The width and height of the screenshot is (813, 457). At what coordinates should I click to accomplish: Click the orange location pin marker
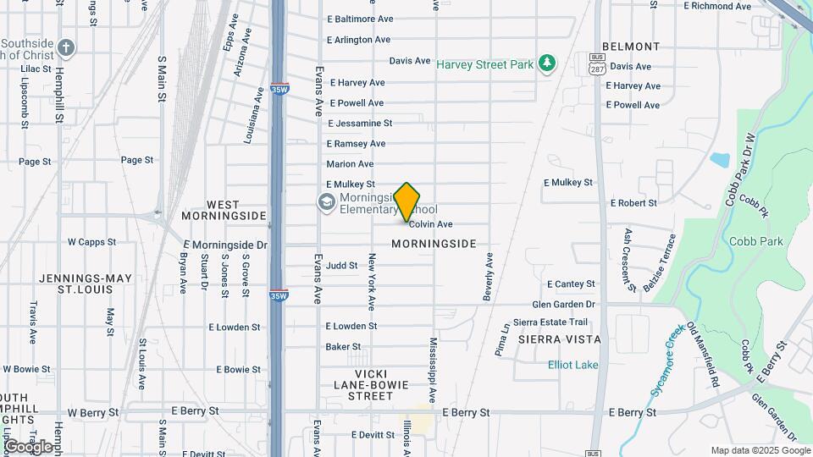point(407,201)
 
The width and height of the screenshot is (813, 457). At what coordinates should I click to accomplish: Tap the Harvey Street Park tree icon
point(548,63)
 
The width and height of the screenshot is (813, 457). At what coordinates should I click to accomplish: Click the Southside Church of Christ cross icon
point(67,47)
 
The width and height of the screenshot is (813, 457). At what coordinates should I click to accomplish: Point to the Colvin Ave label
point(430,224)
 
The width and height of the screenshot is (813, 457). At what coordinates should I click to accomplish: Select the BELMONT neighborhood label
point(630,47)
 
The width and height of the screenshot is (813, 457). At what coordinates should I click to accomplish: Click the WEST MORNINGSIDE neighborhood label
point(224,211)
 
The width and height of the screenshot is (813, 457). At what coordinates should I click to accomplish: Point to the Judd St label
point(342,265)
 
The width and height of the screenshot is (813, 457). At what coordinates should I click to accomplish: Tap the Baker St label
point(343,346)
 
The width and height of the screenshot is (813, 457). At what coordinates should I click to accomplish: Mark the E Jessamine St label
point(360,123)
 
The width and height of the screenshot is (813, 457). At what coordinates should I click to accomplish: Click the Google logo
point(27,446)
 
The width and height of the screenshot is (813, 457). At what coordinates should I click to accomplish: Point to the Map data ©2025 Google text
point(760,450)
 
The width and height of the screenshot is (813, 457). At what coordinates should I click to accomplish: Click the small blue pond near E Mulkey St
point(720,159)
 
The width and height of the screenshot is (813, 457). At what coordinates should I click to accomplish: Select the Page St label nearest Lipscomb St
point(35,161)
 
